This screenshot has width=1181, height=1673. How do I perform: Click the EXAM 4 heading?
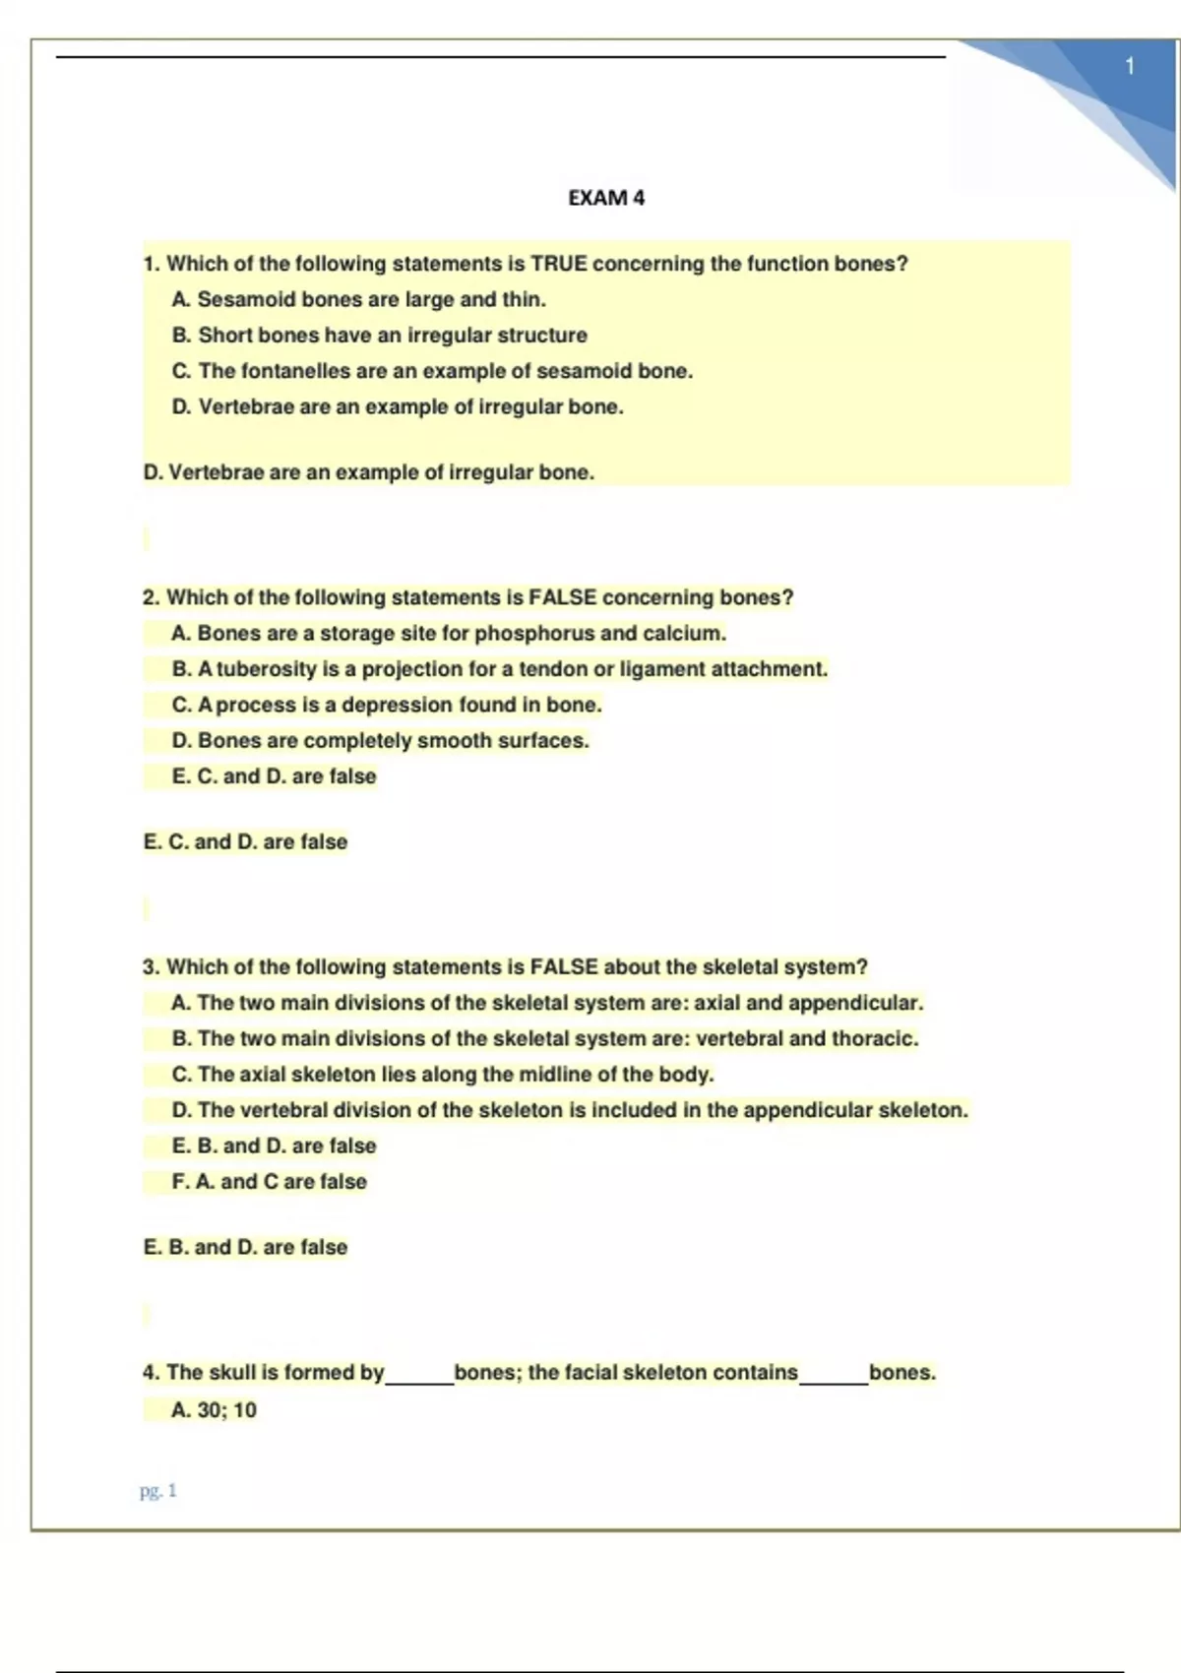(x=606, y=198)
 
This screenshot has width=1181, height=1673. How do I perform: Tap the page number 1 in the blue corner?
(x=1130, y=66)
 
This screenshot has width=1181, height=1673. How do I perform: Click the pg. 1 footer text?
(x=157, y=1491)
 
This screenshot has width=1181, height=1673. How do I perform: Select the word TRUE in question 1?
(x=558, y=264)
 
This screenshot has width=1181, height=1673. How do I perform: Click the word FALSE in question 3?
(x=564, y=966)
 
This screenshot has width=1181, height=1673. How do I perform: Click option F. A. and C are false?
(x=269, y=1181)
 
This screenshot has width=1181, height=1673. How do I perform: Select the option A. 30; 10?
(x=214, y=1410)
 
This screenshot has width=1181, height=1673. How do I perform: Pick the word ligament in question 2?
(x=661, y=669)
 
